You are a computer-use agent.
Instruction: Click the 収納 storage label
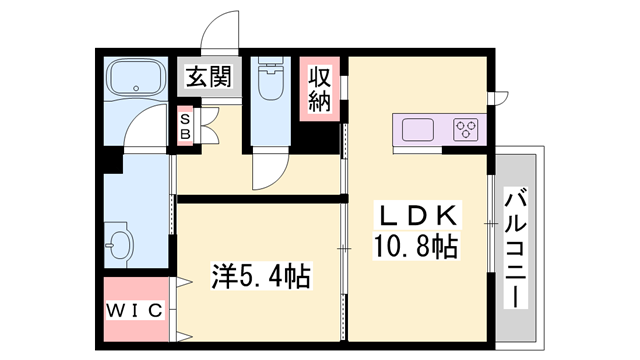tap(319, 89)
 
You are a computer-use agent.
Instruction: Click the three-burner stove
tap(466, 130)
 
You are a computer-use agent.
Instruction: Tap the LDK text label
tap(417, 214)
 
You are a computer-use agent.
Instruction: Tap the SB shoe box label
tap(185, 126)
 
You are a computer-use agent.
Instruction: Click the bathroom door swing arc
tap(150, 125)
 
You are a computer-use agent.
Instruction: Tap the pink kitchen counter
tap(440, 130)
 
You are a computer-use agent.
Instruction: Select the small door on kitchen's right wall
tap(497, 98)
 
